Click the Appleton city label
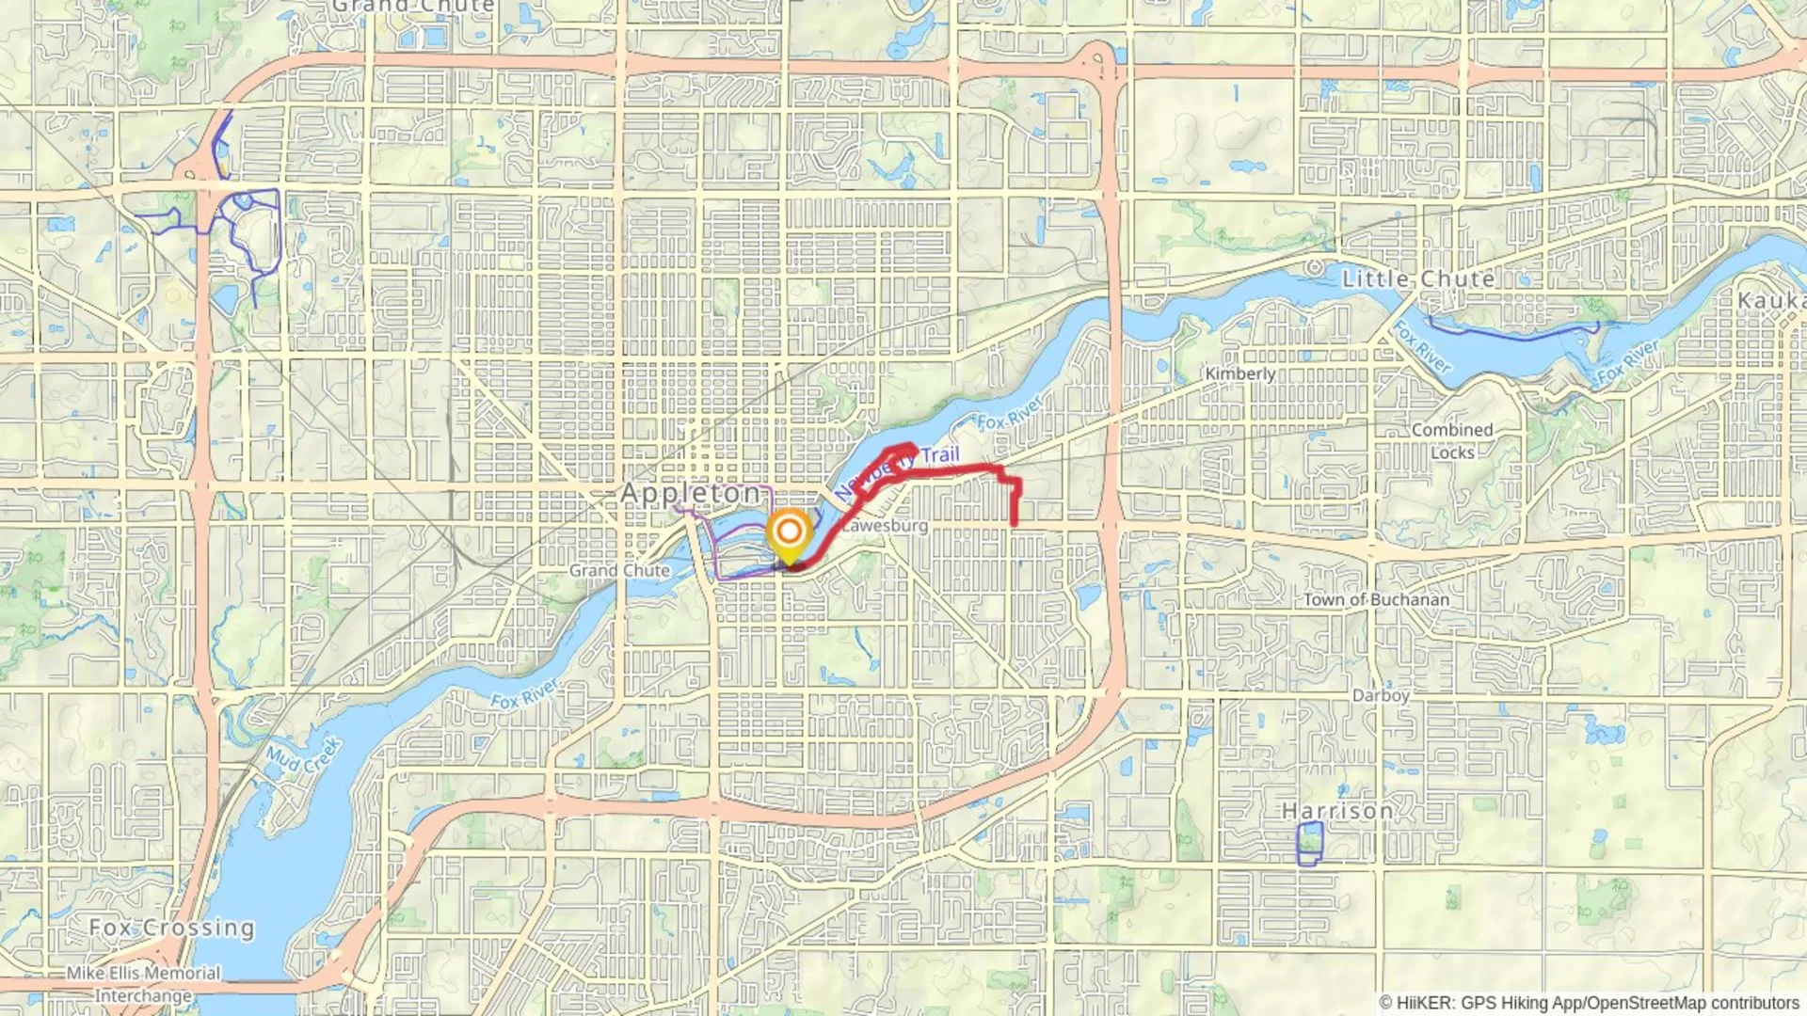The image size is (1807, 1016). click(x=692, y=493)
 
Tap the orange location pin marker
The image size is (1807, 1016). click(x=789, y=533)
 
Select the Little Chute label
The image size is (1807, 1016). click(x=1418, y=278)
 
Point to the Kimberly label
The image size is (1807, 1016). click(x=1240, y=373)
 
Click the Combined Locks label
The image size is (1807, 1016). click(x=1452, y=441)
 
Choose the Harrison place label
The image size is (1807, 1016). click(x=1337, y=810)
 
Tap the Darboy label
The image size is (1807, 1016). click(x=1381, y=695)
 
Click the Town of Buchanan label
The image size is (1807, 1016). click(x=1376, y=599)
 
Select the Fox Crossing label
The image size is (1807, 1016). click(x=171, y=928)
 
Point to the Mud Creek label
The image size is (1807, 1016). click(x=303, y=754)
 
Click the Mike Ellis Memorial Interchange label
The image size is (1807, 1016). click(x=143, y=984)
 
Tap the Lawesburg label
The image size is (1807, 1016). click(x=885, y=526)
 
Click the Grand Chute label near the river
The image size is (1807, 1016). click(x=619, y=570)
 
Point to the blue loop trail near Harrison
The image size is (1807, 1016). click(x=1309, y=843)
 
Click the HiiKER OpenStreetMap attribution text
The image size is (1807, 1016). click(x=1589, y=1003)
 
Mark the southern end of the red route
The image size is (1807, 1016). click(x=1014, y=523)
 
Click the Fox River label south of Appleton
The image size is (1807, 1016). click(x=524, y=694)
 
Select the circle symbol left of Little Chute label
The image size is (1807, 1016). click(x=1315, y=267)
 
